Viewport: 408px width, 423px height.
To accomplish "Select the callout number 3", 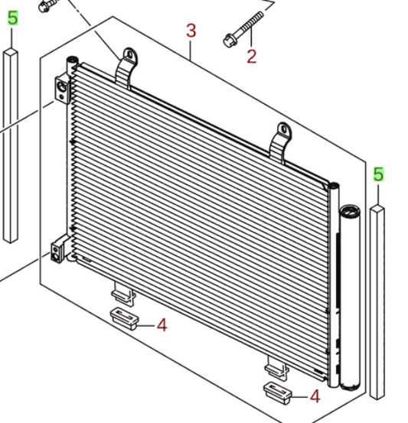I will pos(191,31).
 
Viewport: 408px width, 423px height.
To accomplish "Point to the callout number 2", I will pos(252,57).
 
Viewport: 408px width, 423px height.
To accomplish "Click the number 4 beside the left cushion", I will pos(162,325).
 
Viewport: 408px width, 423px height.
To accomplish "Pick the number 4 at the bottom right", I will pos(315,396).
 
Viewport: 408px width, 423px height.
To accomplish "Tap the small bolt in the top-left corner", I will pos(46,5).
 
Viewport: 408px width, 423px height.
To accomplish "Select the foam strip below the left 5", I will pos(10,145).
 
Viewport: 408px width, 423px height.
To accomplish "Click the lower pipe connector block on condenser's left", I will pos(58,252).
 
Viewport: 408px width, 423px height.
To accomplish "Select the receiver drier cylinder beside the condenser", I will pos(349,298).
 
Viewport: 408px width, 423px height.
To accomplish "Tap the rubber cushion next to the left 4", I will pos(124,317).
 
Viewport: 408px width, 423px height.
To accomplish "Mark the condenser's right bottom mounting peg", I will pos(276,365).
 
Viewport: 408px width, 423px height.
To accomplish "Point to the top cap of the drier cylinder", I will pos(350,210).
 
